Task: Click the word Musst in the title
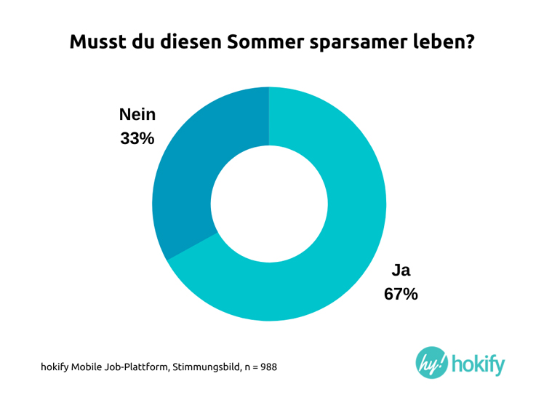pos(99,41)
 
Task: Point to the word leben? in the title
pos(445,41)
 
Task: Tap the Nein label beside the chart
pos(137,115)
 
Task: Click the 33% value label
pos(137,138)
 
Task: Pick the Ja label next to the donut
pos(401,271)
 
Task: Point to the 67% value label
pos(401,294)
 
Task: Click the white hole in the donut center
pos(269,204)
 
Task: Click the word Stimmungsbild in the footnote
pos(206,367)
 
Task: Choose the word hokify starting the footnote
pos(53,367)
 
